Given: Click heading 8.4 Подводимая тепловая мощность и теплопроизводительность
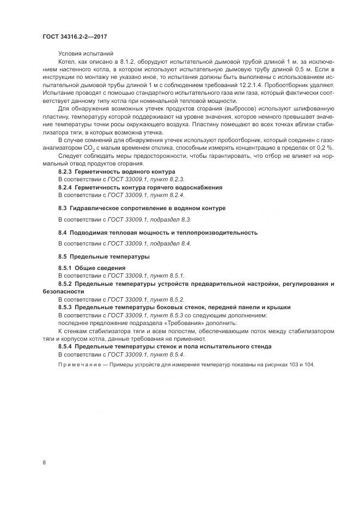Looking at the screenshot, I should (x=157, y=232).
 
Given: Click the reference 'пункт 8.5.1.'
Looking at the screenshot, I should (x=168, y=275).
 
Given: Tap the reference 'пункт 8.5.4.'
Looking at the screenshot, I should (x=168, y=354).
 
